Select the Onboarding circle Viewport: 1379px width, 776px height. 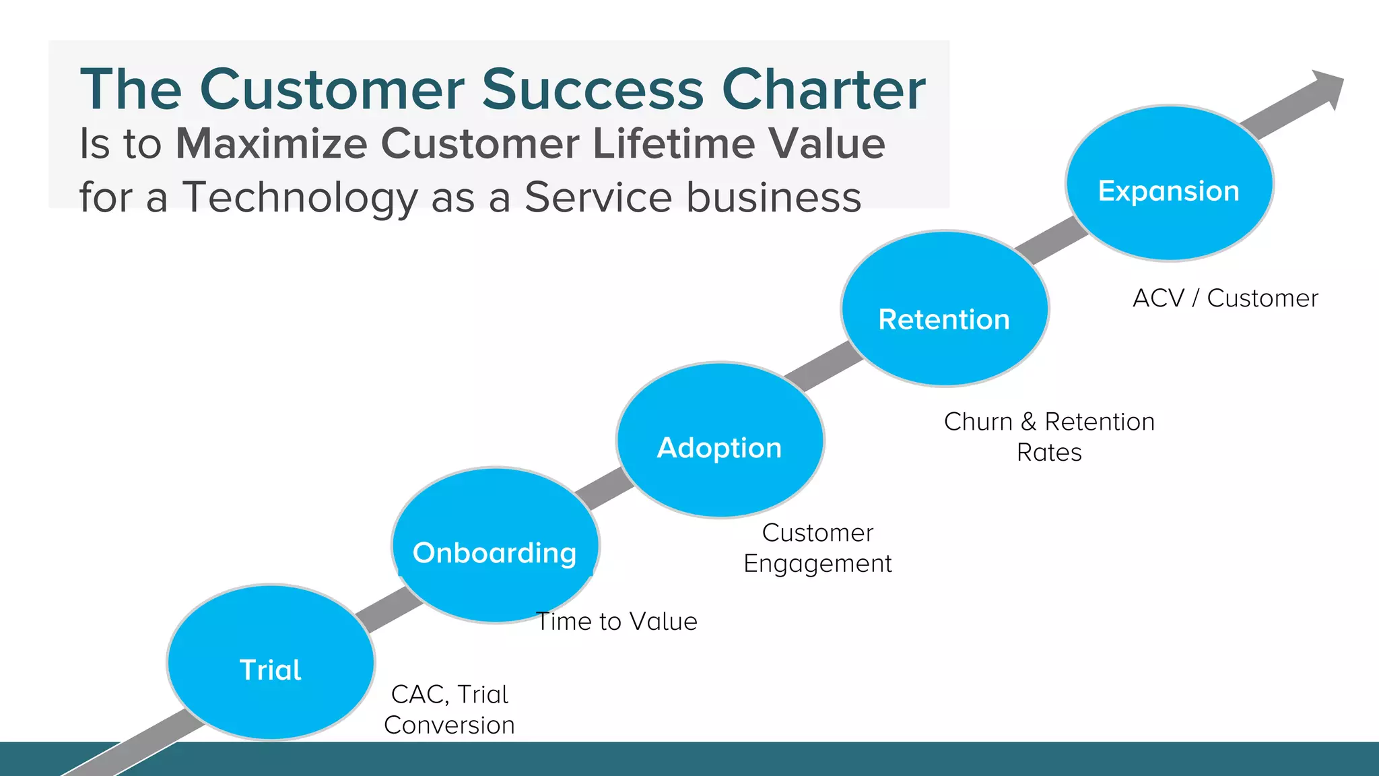[x=495, y=546]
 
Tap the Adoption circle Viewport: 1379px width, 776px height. [x=720, y=441]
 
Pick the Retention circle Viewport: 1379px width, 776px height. [x=945, y=310]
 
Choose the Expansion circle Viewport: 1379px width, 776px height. [x=1169, y=183]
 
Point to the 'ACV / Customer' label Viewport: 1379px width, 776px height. [x=1225, y=298]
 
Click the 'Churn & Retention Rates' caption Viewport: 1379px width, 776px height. [x=1049, y=437]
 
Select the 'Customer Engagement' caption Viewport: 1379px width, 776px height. [x=817, y=548]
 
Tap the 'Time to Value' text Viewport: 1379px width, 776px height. [x=616, y=621]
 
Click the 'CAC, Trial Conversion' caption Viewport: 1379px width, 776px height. [x=449, y=709]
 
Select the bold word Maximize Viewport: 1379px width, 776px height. [x=271, y=143]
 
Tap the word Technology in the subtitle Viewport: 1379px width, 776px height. [x=300, y=197]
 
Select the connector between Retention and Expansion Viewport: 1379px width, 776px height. [x=1050, y=240]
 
